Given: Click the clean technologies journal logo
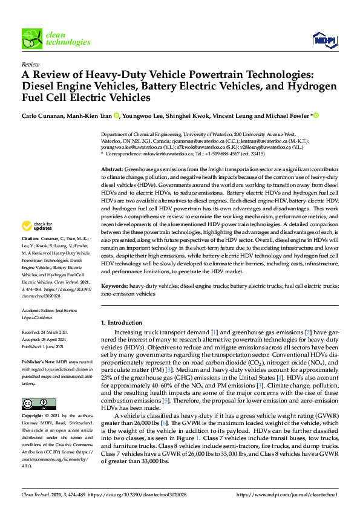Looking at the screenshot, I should point(56,39).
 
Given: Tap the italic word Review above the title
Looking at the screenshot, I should point(30,63).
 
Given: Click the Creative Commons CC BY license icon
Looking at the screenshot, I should point(34,403).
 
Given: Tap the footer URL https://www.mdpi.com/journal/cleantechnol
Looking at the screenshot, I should point(286,495).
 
